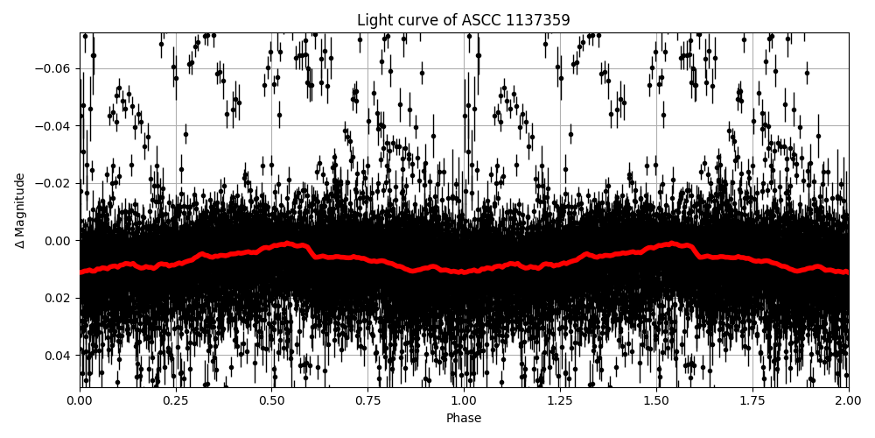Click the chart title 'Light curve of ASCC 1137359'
pyautogui.click(x=464, y=20)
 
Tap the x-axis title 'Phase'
pyautogui.click(x=464, y=418)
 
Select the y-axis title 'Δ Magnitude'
pyautogui.click(x=20, y=210)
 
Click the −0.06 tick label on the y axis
pyautogui.click(x=54, y=68)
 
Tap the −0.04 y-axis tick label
pyautogui.click(x=54, y=126)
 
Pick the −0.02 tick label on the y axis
pyautogui.click(x=54, y=183)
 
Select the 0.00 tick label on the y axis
pyautogui.click(x=59, y=241)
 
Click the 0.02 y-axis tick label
pyautogui.click(x=59, y=298)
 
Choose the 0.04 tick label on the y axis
pyautogui.click(x=59, y=355)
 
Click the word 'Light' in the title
pyautogui.click(x=374, y=20)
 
